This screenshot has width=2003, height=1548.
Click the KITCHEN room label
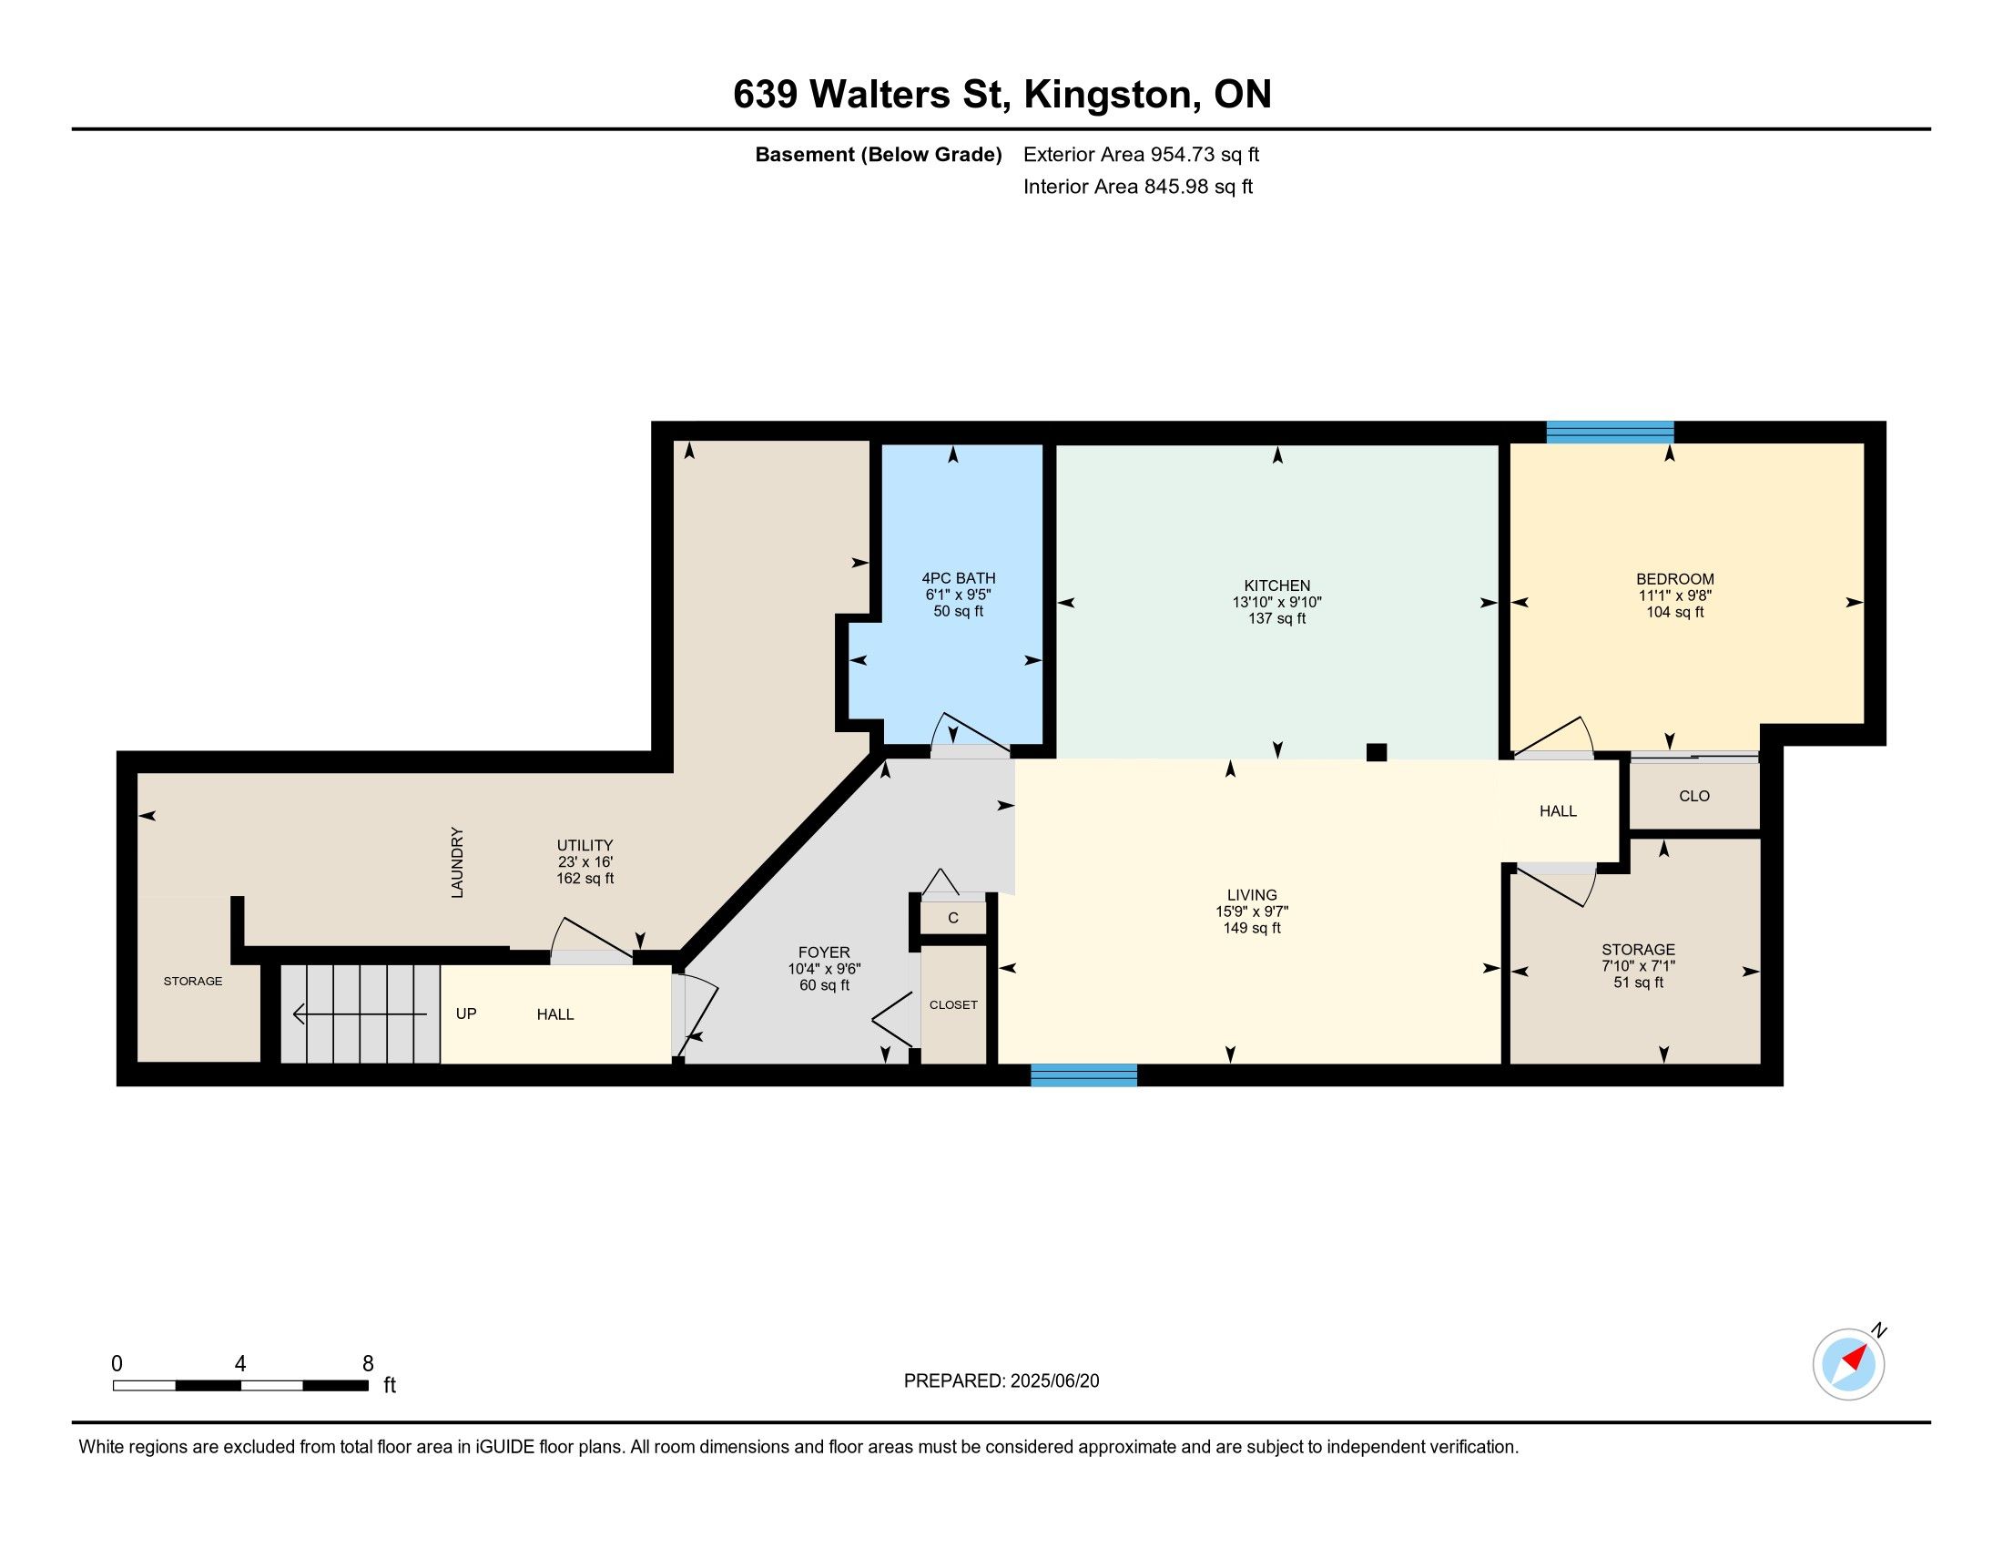[x=1276, y=586]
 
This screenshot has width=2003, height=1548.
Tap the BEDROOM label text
[x=1674, y=578]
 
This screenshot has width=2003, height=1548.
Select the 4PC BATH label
[x=959, y=577]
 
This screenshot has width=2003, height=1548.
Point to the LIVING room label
[x=1252, y=894]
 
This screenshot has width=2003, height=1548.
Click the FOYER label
[x=824, y=952]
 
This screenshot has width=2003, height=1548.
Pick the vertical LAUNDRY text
[x=457, y=862]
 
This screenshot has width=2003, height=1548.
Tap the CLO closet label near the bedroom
[x=1694, y=795]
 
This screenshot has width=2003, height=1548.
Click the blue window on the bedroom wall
[x=1610, y=432]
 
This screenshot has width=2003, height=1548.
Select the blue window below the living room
[x=1084, y=1074]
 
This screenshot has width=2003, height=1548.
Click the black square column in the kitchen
[x=1376, y=752]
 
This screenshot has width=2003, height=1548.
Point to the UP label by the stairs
[x=466, y=1013]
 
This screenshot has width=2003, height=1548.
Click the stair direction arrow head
[x=299, y=1013]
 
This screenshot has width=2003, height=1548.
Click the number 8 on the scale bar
[x=368, y=1363]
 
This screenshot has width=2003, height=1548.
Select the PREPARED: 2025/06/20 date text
[x=1001, y=1381]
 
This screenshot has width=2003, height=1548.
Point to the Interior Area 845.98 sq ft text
[x=1137, y=186]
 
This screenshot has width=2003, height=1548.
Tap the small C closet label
[x=953, y=917]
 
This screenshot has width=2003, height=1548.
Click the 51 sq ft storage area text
[x=1638, y=983]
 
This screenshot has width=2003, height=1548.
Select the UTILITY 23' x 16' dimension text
[x=585, y=861]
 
